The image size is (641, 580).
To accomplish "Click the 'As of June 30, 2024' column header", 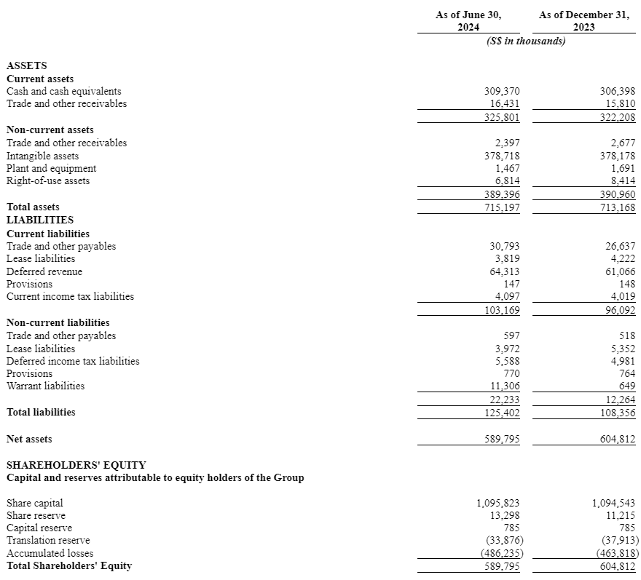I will (468, 20).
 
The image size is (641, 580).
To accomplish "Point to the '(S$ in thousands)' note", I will (525, 41).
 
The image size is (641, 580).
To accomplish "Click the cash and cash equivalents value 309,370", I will (502, 92).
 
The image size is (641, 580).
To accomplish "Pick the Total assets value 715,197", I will (502, 207).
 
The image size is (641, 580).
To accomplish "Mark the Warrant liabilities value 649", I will (626, 386).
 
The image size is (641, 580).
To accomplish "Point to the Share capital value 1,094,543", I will (613, 503).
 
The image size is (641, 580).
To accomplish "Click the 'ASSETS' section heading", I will (26, 65).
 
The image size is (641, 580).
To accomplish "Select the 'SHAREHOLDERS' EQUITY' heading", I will (76, 464).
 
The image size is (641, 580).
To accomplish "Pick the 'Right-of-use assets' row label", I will (48, 180).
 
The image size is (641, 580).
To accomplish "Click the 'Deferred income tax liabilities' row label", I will (73, 361).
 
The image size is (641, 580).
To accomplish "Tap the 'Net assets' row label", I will (29, 439).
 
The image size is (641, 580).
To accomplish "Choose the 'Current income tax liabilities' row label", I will (70, 297).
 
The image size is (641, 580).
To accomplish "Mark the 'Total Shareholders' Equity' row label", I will (69, 565).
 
